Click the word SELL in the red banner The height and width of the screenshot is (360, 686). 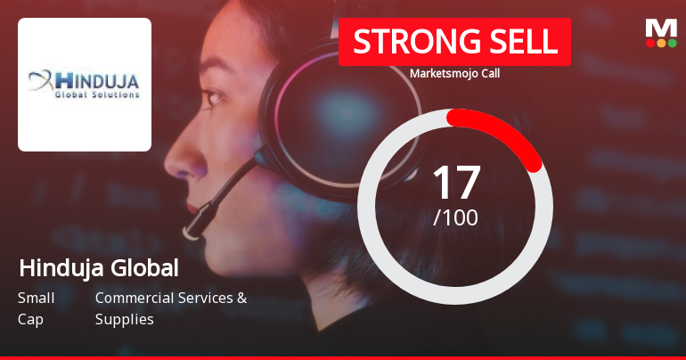pyautogui.click(x=524, y=42)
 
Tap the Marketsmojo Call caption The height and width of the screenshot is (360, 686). pyautogui.click(x=454, y=73)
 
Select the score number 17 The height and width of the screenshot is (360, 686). pyautogui.click(x=456, y=182)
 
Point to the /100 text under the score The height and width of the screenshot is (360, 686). pyautogui.click(x=455, y=217)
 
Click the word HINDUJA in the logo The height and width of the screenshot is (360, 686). pyautogui.click(x=97, y=82)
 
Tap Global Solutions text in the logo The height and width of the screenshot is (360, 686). pyautogui.click(x=97, y=95)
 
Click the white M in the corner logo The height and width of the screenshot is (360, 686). pyautogui.click(x=661, y=28)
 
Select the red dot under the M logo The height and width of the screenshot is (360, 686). pyautogui.click(x=650, y=43)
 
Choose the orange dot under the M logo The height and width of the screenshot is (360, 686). pyautogui.click(x=661, y=43)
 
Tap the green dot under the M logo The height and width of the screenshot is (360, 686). pyautogui.click(x=672, y=43)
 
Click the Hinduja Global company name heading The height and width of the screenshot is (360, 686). pyautogui.click(x=99, y=267)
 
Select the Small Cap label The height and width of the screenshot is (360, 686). pyautogui.click(x=36, y=308)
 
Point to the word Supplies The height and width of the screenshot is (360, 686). pyautogui.click(x=124, y=320)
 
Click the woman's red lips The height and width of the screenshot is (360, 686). pyautogui.click(x=192, y=207)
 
